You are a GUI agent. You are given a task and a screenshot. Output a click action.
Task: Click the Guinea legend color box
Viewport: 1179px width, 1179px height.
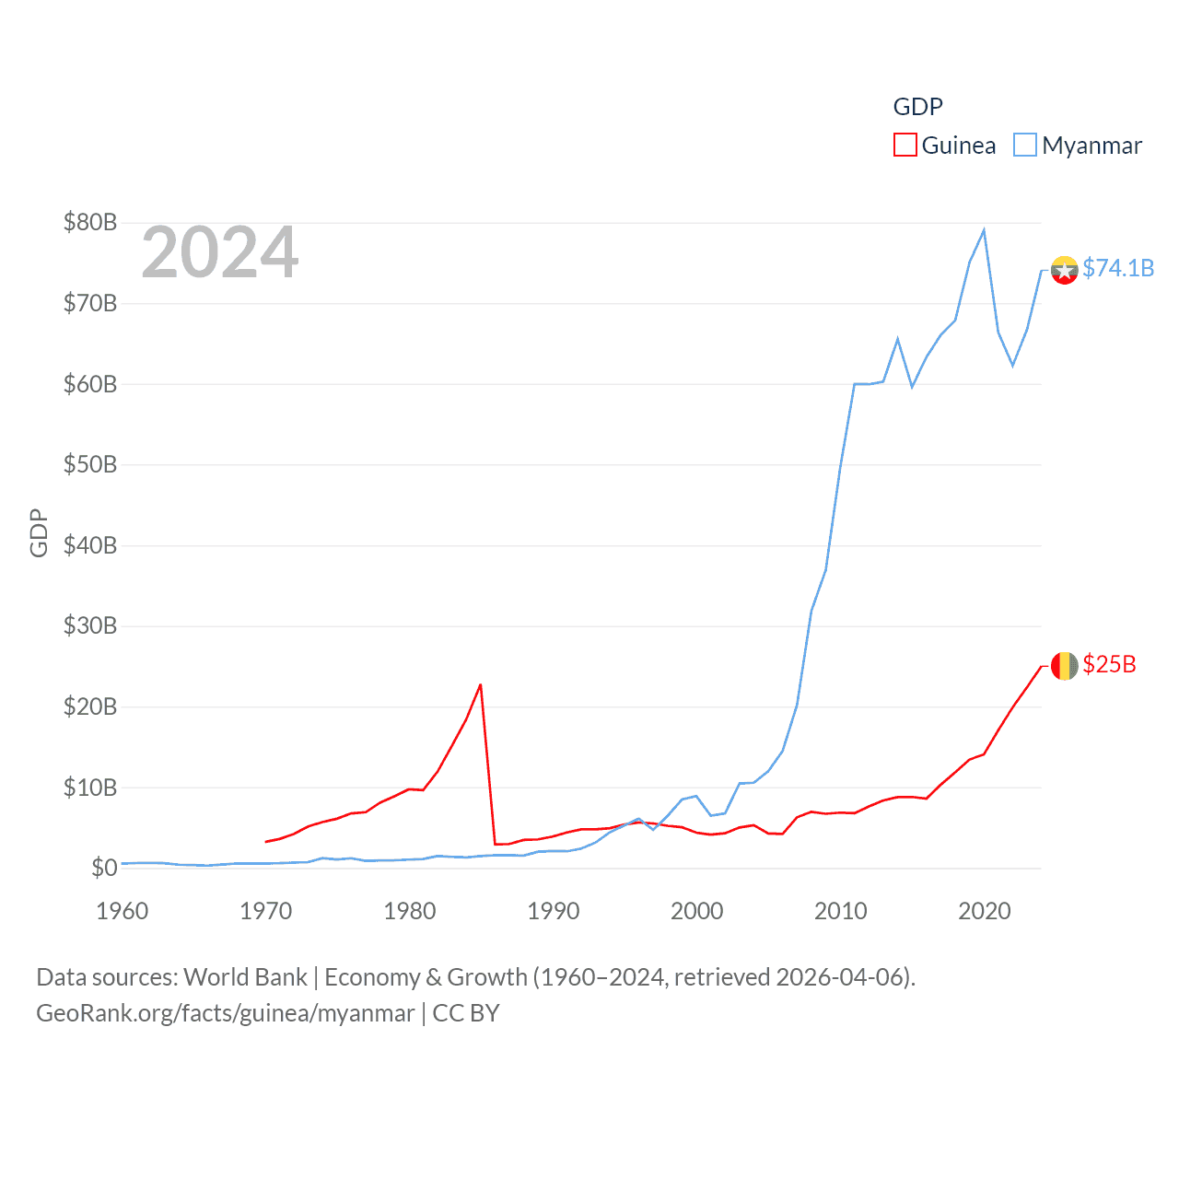pos(905,146)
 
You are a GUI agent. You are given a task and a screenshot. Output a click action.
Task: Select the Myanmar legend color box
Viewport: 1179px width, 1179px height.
pos(1025,146)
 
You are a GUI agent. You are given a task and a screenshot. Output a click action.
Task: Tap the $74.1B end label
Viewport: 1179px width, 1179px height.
pos(1118,268)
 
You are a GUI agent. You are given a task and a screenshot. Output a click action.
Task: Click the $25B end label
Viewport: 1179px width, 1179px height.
pos(1109,664)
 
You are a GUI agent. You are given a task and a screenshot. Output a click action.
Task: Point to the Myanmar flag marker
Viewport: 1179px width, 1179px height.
pos(1064,270)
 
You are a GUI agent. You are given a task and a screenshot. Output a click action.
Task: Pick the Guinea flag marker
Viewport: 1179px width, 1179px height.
pos(1064,665)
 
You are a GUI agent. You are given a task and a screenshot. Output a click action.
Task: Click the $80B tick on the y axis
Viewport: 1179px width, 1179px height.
pos(90,222)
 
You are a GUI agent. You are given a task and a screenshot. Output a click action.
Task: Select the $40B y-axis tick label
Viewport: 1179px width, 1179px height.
pos(90,545)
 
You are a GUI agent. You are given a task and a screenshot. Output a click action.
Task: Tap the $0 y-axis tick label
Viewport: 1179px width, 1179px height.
pos(104,868)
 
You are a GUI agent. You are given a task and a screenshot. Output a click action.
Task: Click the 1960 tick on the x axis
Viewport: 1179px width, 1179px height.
pos(123,911)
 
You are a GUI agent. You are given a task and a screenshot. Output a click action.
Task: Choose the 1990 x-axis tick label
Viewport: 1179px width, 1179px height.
pos(554,911)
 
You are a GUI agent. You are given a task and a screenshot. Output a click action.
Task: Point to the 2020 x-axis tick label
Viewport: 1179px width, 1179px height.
pos(985,911)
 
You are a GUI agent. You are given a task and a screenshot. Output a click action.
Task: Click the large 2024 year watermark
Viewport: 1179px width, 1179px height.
pos(219,252)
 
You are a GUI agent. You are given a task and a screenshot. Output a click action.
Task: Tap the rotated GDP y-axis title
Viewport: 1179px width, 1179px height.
pos(39,532)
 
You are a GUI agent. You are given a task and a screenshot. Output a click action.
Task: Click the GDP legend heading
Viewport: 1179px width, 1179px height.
pos(918,107)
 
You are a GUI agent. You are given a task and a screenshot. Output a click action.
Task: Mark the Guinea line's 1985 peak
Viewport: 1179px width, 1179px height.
pos(481,685)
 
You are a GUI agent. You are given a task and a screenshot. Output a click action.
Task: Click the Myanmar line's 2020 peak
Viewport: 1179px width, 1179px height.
pos(984,230)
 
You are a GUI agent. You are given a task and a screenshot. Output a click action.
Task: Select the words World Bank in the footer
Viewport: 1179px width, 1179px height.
pos(246,977)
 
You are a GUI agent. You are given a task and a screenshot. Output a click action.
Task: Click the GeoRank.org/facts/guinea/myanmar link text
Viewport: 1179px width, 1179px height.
pos(226,1013)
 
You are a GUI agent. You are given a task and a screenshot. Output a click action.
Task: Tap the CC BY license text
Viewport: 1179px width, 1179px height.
pos(466,1013)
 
